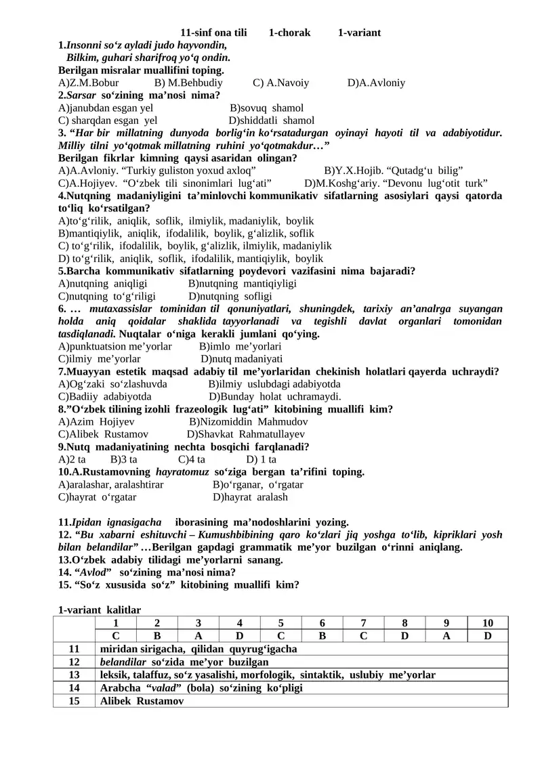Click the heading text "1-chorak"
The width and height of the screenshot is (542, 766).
pyautogui.click(x=289, y=33)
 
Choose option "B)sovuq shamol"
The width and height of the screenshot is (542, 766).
pyautogui.click(x=266, y=108)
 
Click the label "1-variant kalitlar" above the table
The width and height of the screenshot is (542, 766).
pyautogui.click(x=100, y=610)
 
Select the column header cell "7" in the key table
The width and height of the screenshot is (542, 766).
pyautogui.click(x=364, y=623)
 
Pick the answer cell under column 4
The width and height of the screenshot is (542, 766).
pyautogui.click(x=240, y=636)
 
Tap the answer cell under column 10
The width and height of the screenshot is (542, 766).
pyautogui.click(x=488, y=636)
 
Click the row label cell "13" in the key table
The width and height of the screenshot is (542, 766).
pyautogui.click(x=74, y=675)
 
